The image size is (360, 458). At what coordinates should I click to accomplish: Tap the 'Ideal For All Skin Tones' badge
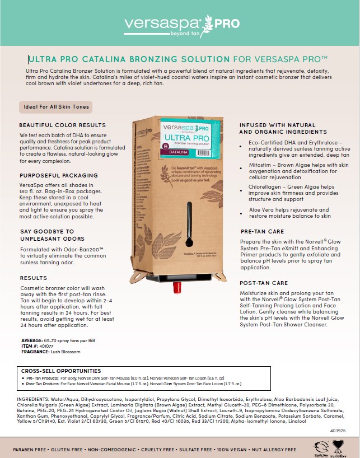tap(54, 106)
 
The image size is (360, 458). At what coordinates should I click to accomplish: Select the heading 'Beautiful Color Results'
tap(62, 125)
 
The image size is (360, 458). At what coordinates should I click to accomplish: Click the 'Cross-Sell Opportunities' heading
tap(61, 371)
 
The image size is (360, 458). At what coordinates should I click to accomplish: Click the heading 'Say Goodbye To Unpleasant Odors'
tap(47, 235)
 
